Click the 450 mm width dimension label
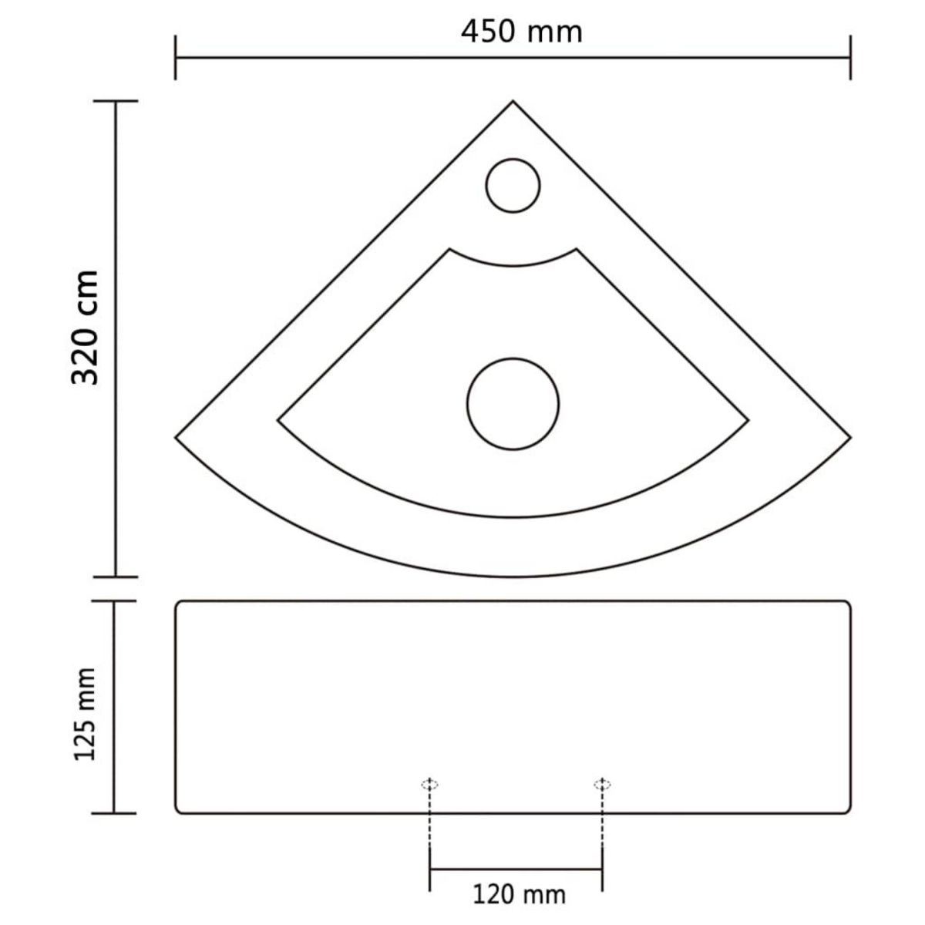tap(521, 31)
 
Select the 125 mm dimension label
tap(85, 715)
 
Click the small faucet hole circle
tap(514, 185)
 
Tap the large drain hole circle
tap(513, 402)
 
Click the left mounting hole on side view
tap(429, 785)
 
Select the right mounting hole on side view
tap(602, 785)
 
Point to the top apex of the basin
tap(513, 102)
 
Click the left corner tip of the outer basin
tap(177, 437)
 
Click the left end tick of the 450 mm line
tap(177, 57)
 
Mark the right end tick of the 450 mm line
tap(850, 57)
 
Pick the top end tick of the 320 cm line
tap(115, 102)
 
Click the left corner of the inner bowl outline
tap(278, 420)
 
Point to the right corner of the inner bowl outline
tap(748, 420)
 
